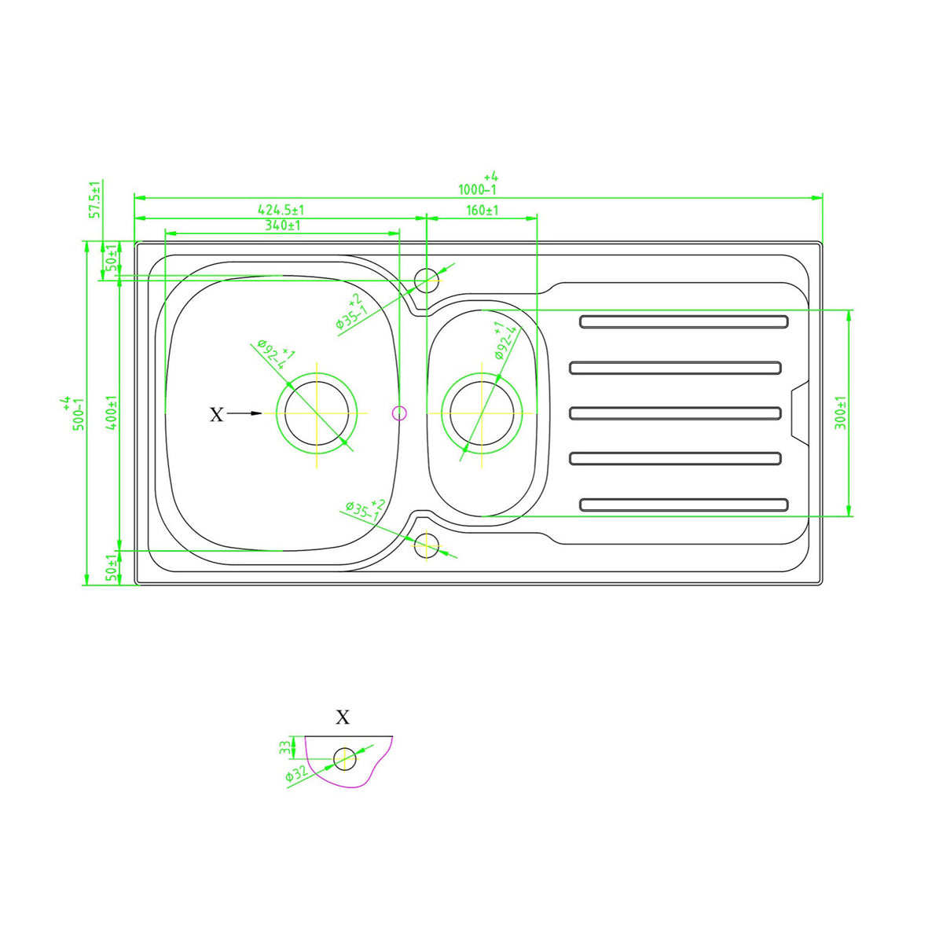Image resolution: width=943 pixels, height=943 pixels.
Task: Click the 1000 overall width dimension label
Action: (478, 184)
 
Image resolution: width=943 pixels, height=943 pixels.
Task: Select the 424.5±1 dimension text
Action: (281, 210)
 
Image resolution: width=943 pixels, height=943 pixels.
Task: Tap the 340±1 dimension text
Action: (282, 225)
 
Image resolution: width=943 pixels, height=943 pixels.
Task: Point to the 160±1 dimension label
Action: (482, 211)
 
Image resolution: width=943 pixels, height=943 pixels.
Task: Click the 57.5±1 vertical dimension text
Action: (95, 200)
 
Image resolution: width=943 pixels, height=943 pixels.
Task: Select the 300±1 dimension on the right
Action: (840, 413)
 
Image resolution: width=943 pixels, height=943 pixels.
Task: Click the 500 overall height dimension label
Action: (73, 413)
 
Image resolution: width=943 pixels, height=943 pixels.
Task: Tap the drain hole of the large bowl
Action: (317, 413)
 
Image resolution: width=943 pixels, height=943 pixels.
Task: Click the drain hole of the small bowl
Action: (482, 413)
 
